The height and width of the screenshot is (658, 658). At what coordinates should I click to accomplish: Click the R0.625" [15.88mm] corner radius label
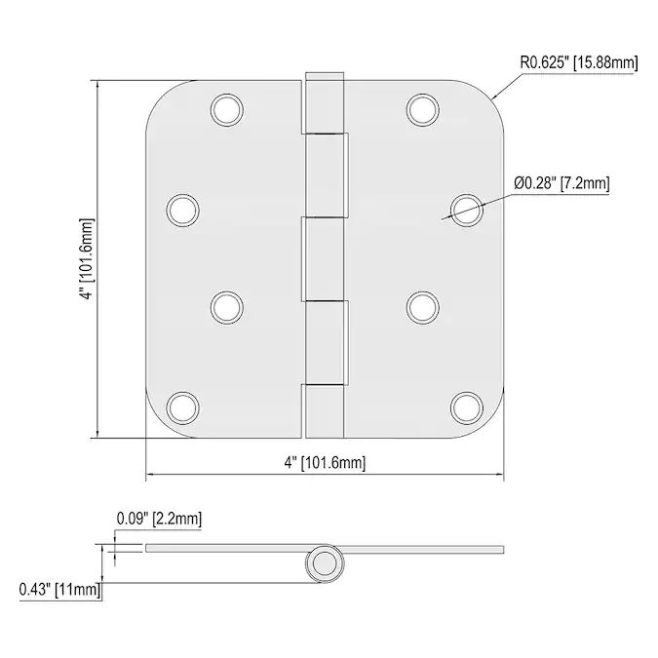pos(579,63)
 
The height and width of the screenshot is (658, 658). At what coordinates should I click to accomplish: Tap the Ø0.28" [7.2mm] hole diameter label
pos(561,183)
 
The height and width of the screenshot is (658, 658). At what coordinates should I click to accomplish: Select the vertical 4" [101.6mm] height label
pos(87,259)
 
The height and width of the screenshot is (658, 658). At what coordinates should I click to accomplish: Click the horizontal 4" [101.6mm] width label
pos(325,463)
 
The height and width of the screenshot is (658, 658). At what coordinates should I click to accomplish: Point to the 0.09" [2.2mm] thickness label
pos(159,519)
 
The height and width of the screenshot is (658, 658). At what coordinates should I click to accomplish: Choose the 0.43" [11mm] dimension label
pos(60,589)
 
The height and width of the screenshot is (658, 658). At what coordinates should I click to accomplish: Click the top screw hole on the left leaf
pos(226,110)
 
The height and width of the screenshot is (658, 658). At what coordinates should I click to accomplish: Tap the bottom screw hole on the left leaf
pos(182,407)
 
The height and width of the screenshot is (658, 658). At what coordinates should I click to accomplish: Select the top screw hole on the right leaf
pos(422,110)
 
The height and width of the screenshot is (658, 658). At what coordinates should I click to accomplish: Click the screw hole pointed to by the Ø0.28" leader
pos(467,211)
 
